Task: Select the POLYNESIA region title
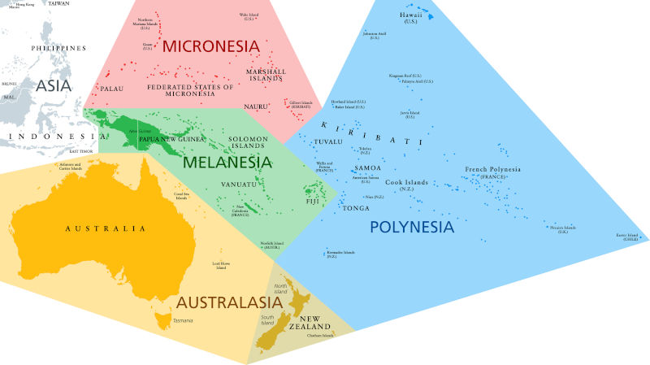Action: click(411, 227)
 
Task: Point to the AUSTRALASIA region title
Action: click(229, 302)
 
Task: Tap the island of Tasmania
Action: click(171, 309)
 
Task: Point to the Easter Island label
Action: click(626, 237)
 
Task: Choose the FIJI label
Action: click(313, 200)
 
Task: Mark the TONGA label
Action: click(356, 208)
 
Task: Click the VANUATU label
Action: click(238, 185)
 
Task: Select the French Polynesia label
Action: click(492, 172)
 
